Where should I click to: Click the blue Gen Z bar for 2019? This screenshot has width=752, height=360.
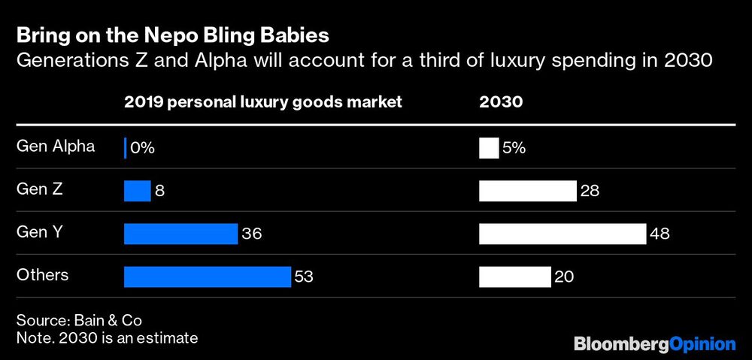coord(138,191)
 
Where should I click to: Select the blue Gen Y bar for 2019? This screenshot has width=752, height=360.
coord(180,234)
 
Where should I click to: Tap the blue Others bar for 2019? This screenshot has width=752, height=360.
coord(207,277)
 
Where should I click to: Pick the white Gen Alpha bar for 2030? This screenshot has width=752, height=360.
coord(489,148)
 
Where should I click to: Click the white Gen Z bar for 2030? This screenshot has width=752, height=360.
coord(528,191)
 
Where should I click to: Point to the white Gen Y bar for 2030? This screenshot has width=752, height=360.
coord(562,234)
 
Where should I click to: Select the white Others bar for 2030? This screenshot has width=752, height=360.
coord(515,277)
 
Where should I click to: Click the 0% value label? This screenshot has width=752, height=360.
coord(142,148)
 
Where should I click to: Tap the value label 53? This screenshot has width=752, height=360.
coord(304,277)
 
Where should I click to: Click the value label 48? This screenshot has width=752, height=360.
coord(660,234)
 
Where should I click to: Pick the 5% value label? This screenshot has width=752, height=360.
coord(514,148)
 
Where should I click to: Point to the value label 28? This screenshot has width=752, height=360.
coord(590,191)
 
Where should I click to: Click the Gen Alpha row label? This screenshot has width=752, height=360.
coord(56,146)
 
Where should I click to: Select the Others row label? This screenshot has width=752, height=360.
coord(42,274)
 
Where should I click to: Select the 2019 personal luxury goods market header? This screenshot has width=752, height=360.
coord(263,102)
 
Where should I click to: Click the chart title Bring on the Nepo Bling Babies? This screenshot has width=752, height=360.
coord(172,35)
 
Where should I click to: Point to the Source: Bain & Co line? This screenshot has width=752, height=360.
coord(79,319)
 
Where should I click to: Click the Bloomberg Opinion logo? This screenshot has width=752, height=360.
coord(654,343)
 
